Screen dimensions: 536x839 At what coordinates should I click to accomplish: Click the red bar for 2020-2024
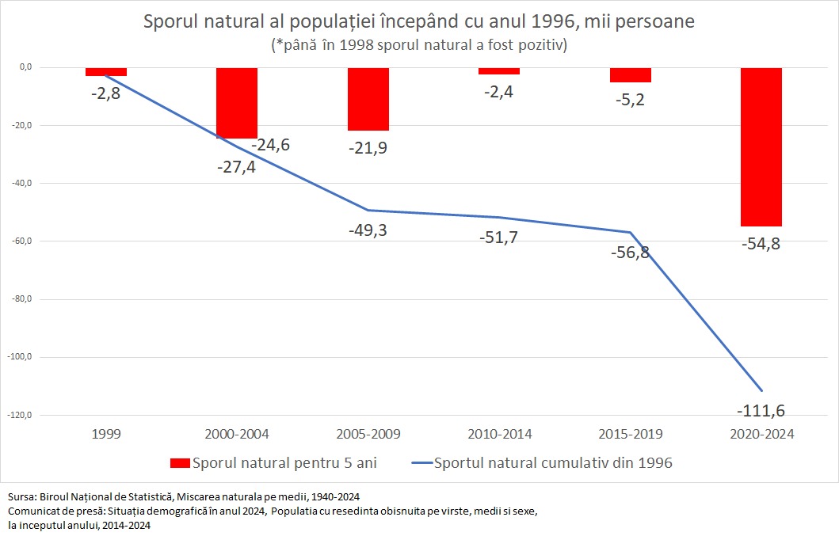tap(761, 146)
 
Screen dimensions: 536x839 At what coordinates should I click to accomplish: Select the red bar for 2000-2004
tap(237, 103)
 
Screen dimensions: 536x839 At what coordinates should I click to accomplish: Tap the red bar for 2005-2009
tap(368, 99)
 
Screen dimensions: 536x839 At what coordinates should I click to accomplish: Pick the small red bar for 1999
tap(106, 72)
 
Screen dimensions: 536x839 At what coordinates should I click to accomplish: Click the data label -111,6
tap(761, 411)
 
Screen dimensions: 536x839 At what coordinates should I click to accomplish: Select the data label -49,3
tap(368, 230)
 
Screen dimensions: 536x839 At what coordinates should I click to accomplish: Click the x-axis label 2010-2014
tap(499, 435)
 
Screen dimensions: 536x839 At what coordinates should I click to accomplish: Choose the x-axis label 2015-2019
tap(631, 435)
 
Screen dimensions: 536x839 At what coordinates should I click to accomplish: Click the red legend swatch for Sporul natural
tap(181, 463)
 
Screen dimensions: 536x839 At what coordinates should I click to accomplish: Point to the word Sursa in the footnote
tap(23, 496)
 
